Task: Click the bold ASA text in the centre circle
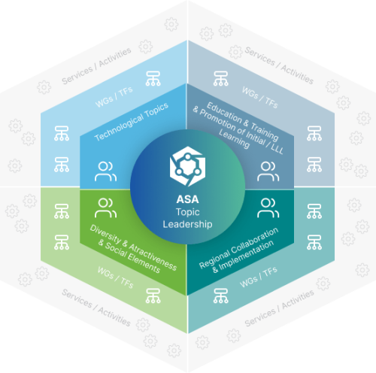tap(187, 199)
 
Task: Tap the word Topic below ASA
tap(188, 212)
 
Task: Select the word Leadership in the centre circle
tap(187, 224)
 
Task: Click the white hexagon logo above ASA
tap(187, 166)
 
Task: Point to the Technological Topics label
tap(132, 122)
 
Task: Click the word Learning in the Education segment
tap(234, 138)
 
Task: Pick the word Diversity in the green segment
tap(105, 234)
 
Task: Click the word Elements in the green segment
tap(144, 262)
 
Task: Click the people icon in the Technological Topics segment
tap(105, 171)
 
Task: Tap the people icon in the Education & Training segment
tap(268, 171)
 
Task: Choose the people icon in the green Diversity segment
tap(105, 208)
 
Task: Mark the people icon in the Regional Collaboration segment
tap(268, 208)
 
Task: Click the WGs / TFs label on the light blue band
tap(114, 97)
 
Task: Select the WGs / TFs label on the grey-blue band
tap(260, 97)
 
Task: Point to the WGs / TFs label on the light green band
tap(115, 277)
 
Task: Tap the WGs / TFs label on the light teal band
tap(259, 277)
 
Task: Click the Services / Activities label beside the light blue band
tap(96, 66)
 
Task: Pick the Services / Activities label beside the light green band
tap(96, 308)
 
